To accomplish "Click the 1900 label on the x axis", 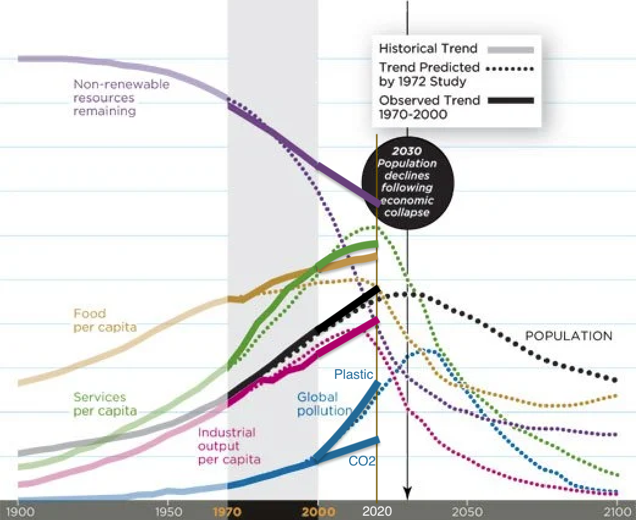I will tap(18, 511).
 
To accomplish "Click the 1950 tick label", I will tap(168, 511).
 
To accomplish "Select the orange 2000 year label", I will tap(317, 511).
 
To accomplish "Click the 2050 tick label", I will tap(467, 511).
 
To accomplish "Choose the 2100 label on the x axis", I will tap(616, 511).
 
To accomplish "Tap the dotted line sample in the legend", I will tap(510, 70).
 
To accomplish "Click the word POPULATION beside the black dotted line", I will tap(568, 336).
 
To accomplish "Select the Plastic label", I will tap(353, 374).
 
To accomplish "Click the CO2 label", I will tap(362, 461).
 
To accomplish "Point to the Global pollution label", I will tap(325, 404).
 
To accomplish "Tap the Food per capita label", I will tap(104, 321).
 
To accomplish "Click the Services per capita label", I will tap(105, 405).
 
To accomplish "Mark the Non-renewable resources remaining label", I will tap(121, 98).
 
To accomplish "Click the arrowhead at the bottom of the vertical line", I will tap(407, 493).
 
